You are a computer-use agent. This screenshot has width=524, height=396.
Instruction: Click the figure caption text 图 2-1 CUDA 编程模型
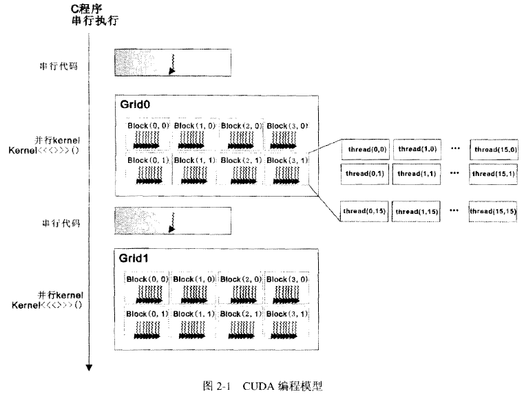tap(262, 386)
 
